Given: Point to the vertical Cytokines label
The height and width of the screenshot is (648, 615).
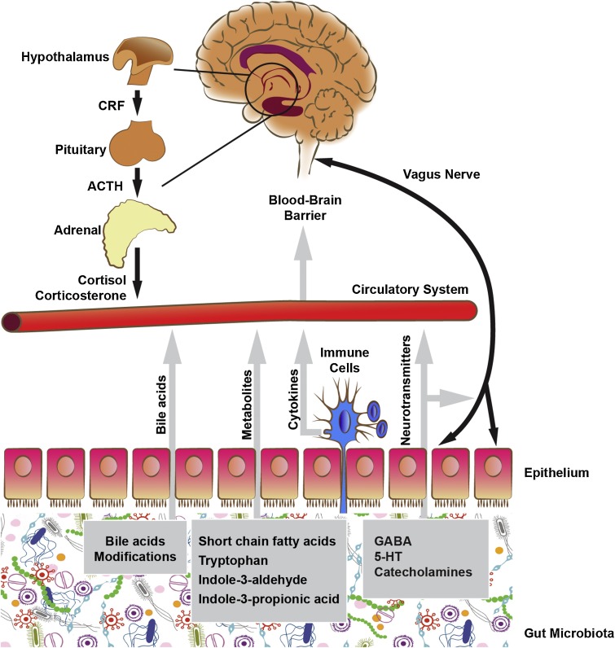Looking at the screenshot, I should coord(290,400).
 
